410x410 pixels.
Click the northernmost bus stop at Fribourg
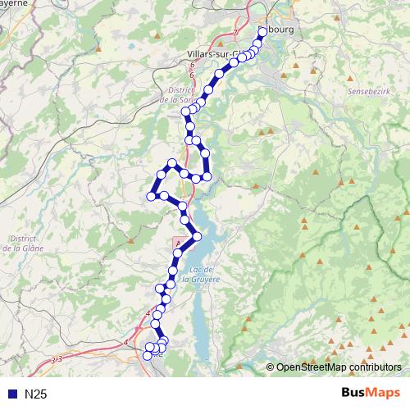(x=262, y=31)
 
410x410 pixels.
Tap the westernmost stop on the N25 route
(x=151, y=195)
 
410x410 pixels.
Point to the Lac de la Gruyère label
(x=201, y=275)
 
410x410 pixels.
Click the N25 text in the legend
(x=35, y=394)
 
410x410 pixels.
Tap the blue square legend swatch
(x=11, y=394)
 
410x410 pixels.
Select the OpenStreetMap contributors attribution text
(x=338, y=367)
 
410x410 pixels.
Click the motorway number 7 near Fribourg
(x=235, y=33)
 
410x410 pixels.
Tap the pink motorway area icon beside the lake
(x=178, y=243)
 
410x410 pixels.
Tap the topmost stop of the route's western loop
(x=171, y=163)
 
